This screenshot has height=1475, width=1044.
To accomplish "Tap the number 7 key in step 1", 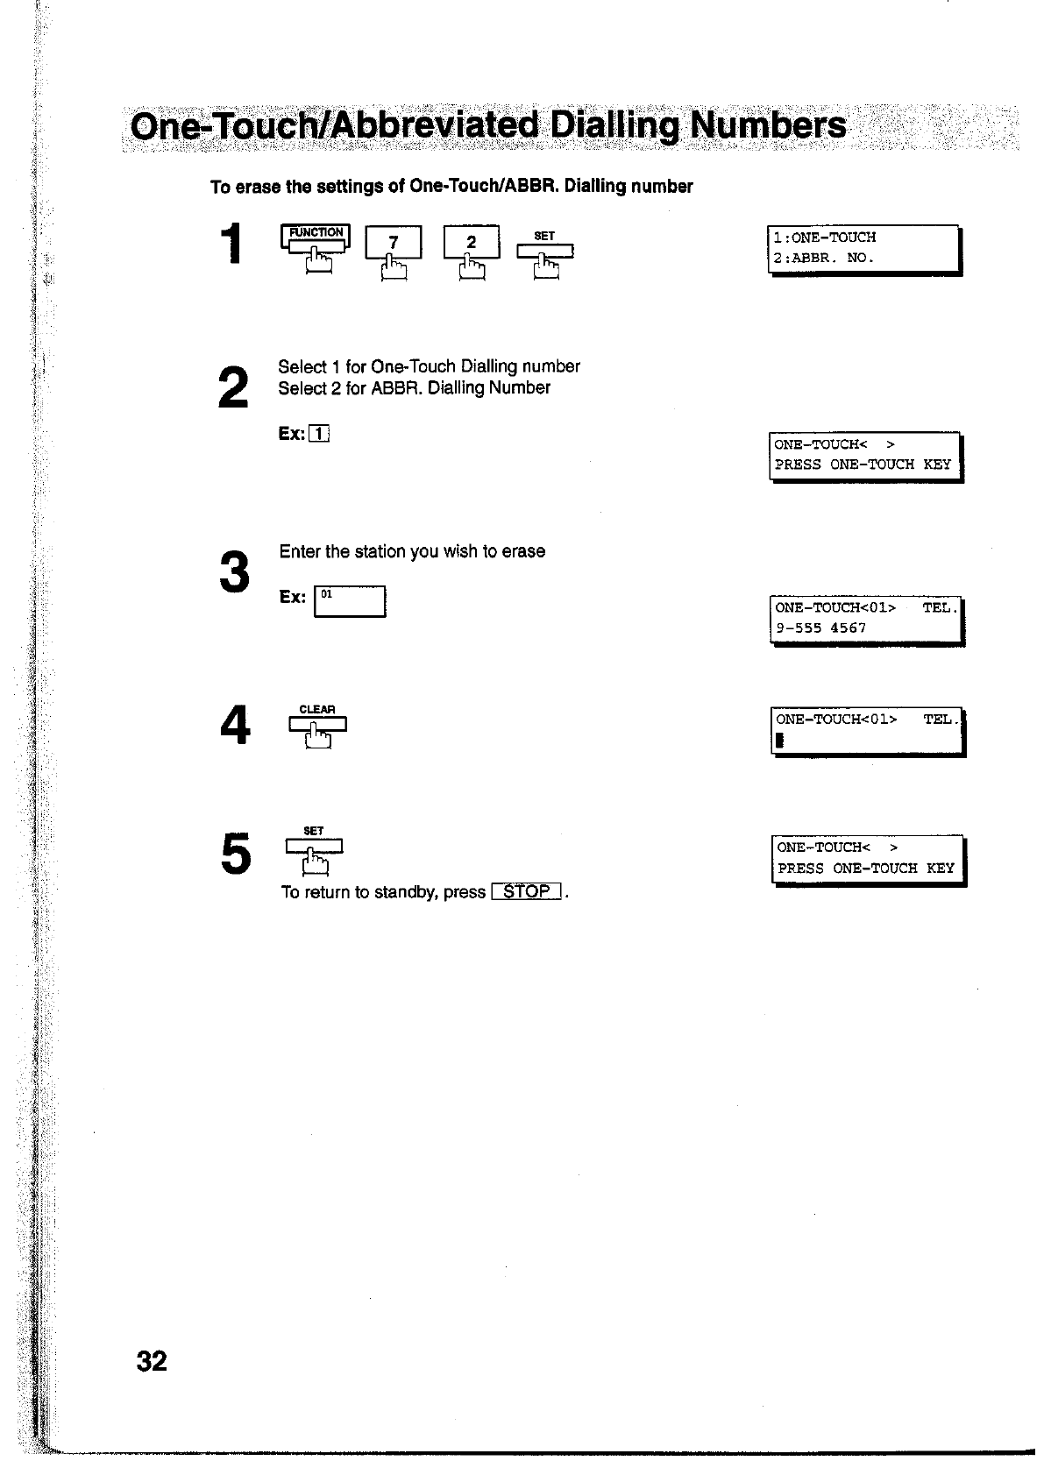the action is click(x=394, y=243).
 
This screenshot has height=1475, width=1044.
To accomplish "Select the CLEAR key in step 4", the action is click(x=316, y=723).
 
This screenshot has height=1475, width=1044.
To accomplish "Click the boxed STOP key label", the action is click(x=527, y=892).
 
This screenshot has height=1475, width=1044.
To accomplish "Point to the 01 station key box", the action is click(x=350, y=601).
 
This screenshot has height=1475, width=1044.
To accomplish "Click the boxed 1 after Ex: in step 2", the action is click(x=320, y=434).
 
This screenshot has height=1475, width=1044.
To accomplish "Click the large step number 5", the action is click(x=236, y=855).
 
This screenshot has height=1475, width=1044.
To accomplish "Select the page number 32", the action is click(x=152, y=1361).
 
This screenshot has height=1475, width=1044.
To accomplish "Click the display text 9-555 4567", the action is click(x=821, y=628).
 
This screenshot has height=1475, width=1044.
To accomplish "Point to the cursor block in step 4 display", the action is click(x=778, y=741).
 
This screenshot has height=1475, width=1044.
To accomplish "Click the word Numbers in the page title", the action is click(x=769, y=125).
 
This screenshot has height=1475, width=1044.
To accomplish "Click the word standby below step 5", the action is click(x=406, y=892).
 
